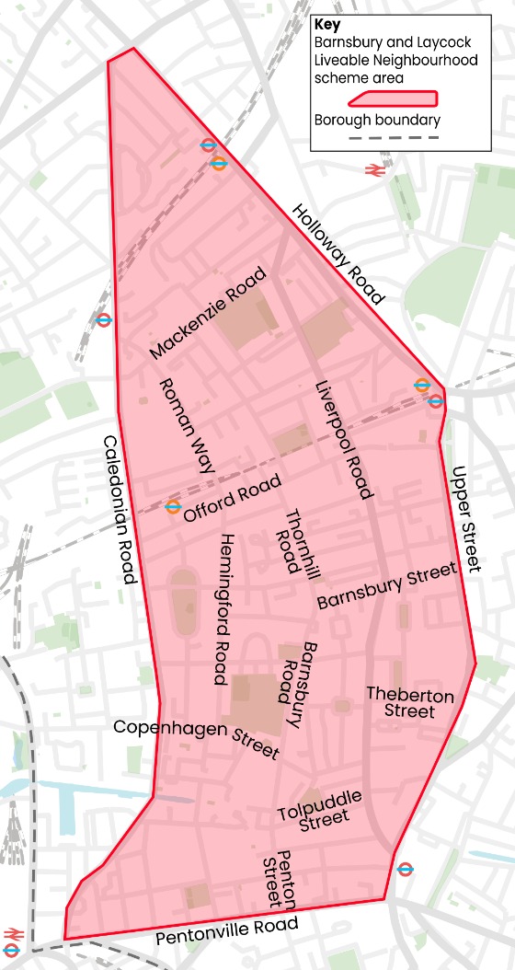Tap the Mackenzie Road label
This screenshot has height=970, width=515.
(209, 313)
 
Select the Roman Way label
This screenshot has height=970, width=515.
(187, 425)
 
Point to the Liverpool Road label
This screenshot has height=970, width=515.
(343, 439)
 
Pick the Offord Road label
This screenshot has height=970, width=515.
(231, 501)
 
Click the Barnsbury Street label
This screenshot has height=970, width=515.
(386, 586)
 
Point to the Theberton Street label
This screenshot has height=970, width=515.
(410, 702)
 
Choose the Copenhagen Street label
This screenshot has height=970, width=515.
(196, 738)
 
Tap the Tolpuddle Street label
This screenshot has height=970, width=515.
(319, 806)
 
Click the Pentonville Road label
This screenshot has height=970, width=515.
(226, 931)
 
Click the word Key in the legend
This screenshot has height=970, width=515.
(326, 26)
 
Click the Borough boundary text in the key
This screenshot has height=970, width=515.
(377, 120)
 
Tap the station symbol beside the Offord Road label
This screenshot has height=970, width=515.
(173, 506)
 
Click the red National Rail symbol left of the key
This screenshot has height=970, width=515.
(373, 169)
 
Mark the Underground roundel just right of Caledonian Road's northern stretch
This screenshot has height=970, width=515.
(104, 320)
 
